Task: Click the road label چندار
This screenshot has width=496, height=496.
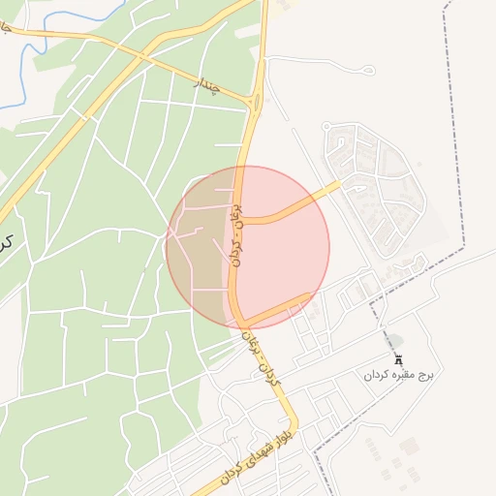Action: (x=208, y=87)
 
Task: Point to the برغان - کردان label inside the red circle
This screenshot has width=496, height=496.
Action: (x=233, y=234)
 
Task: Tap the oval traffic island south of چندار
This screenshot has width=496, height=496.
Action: (x=255, y=102)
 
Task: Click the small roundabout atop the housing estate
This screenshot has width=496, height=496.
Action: (x=327, y=126)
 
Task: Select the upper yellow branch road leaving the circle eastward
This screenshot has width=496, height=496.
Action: (x=291, y=209)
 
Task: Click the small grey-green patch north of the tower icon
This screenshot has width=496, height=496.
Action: (x=394, y=340)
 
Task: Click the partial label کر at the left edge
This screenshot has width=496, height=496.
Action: (x=5, y=239)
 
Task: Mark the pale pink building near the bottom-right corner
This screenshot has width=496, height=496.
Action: (x=409, y=446)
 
